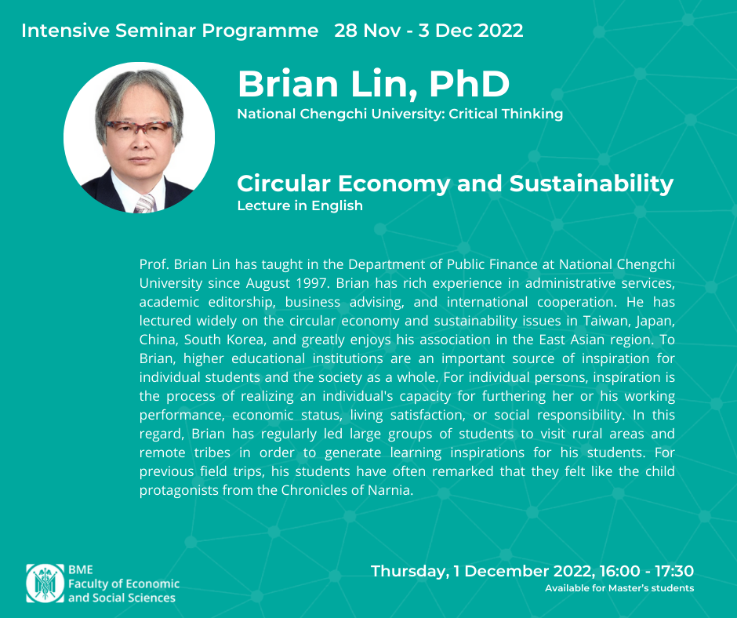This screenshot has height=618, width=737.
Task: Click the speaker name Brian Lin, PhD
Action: point(374,85)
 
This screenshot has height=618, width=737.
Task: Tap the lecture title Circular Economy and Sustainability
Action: point(455,184)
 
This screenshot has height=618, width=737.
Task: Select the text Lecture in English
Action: point(300,205)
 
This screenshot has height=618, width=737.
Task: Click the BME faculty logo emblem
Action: point(45,583)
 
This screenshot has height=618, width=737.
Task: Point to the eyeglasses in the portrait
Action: point(139,128)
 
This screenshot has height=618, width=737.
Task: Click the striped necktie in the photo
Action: point(145,204)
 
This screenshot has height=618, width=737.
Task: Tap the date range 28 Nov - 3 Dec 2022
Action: point(429,31)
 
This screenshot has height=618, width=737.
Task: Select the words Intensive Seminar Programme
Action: point(169,31)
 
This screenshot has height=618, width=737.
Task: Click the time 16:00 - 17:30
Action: point(646,571)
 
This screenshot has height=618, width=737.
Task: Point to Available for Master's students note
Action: point(619,588)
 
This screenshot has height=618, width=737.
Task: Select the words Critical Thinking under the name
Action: point(506,114)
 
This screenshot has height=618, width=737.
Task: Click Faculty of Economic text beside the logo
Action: point(124,583)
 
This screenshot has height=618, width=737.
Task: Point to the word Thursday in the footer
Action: point(408,572)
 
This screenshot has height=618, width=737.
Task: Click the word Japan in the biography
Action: point(655,322)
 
